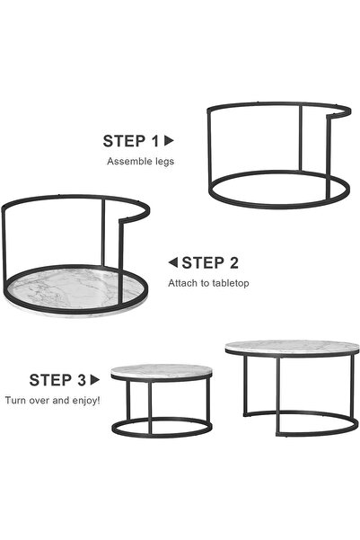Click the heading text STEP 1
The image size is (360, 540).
[x=130, y=141]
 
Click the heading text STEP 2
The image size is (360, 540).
[x=210, y=263]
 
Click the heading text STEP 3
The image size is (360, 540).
[x=57, y=380]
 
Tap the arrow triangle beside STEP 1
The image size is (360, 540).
[x=169, y=140]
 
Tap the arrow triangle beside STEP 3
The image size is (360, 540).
[x=94, y=380]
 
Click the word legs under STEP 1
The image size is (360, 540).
[x=165, y=163]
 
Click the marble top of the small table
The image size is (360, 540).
[x=162, y=370]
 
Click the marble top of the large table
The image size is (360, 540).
[x=291, y=347]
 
